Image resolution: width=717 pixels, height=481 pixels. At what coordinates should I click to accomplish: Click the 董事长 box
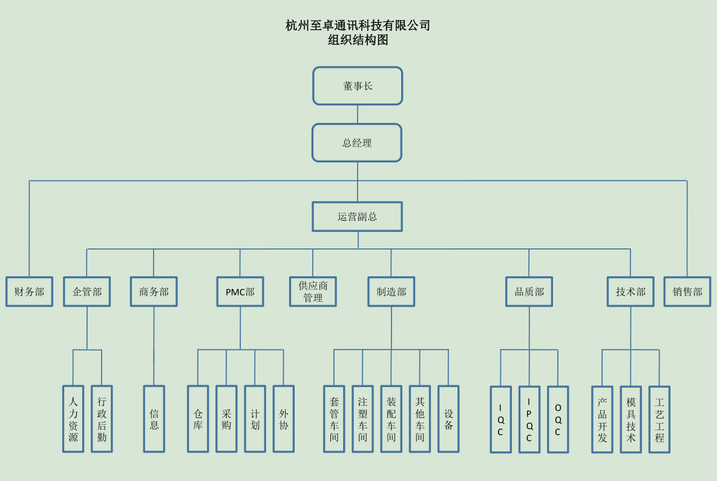[358, 85]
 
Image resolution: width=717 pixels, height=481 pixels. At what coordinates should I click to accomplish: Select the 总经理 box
[357, 143]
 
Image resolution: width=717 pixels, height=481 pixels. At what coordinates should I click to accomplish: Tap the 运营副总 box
[357, 216]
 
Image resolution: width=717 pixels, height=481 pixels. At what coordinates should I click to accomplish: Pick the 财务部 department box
[29, 291]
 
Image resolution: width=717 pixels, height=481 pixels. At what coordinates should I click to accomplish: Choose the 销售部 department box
[687, 291]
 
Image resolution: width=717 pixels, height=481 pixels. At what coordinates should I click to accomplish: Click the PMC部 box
[240, 291]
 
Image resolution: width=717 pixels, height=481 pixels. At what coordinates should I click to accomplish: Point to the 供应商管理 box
[313, 291]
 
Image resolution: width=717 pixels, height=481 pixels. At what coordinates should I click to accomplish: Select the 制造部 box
[391, 291]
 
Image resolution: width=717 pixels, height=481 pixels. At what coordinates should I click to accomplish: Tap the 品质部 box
[529, 291]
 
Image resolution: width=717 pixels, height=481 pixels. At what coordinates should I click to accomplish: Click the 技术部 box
[630, 291]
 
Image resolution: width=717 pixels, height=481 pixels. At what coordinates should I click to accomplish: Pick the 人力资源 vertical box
[73, 419]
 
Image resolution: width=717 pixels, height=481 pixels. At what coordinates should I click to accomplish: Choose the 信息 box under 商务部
[154, 419]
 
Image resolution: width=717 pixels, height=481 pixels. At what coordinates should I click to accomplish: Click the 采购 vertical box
[226, 419]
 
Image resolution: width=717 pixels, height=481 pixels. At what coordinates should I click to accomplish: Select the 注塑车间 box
[362, 419]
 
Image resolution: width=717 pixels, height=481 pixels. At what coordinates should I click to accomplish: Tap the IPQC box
[529, 419]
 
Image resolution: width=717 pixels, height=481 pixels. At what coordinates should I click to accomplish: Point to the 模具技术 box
[630, 419]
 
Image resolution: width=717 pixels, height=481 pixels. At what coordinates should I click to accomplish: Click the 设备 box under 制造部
[448, 419]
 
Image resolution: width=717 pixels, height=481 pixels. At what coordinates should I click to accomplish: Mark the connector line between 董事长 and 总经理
[358, 114]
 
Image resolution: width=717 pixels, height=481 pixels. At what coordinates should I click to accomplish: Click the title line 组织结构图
[358, 41]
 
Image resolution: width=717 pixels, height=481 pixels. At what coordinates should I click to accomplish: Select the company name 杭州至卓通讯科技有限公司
[358, 25]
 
